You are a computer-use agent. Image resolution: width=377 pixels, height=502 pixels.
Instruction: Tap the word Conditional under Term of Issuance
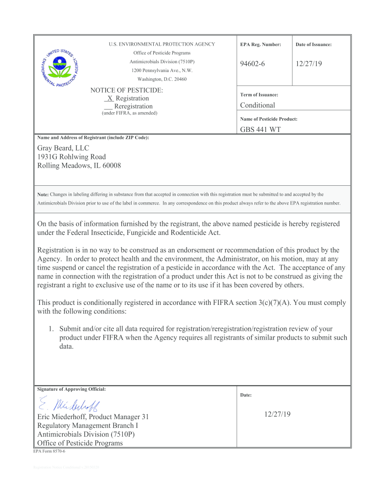(258, 105)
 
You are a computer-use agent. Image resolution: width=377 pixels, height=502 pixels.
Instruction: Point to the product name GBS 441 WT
(260, 130)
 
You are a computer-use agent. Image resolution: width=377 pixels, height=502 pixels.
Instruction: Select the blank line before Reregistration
(108, 107)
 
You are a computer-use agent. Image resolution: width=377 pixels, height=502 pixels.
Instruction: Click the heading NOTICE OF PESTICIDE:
(127, 90)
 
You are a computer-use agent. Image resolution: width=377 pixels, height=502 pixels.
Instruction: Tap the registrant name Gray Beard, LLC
(63, 148)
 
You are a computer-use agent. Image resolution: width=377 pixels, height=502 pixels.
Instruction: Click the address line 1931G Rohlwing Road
(71, 157)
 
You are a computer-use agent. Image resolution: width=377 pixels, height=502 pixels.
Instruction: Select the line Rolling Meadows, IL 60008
(79, 166)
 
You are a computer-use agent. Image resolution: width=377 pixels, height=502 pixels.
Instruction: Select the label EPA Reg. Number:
(260, 45)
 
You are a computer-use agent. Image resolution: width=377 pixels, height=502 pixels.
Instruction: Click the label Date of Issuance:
(313, 45)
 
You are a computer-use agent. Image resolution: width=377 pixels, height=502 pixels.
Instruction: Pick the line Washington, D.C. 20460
(162, 79)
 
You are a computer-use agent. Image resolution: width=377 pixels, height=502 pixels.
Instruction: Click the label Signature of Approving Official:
(71, 389)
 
